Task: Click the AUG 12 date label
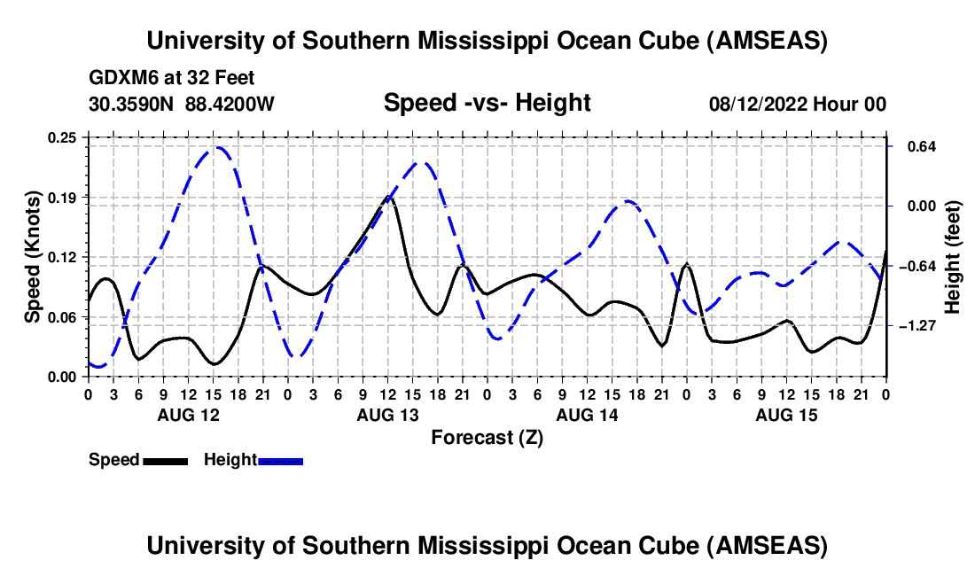[x=188, y=415]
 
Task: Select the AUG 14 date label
[x=587, y=415]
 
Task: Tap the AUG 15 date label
[x=786, y=415]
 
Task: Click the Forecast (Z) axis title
[x=487, y=437]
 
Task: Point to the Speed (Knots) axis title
[x=33, y=257]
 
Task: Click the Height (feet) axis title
[x=953, y=257]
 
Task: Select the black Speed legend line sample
[x=164, y=461]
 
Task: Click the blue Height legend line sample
[x=280, y=461]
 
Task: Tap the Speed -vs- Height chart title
[x=487, y=104]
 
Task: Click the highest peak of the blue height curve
[x=216, y=147]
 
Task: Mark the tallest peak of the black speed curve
[x=388, y=198]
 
